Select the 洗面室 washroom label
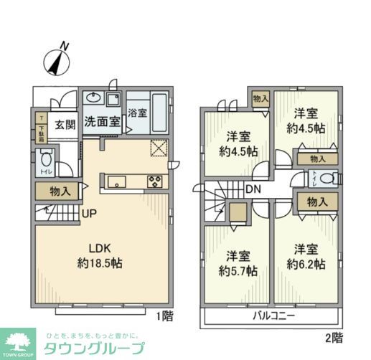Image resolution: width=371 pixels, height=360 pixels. click(x=101, y=121)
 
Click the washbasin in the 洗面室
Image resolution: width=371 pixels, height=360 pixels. click(x=93, y=99)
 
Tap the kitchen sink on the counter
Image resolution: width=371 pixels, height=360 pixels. click(x=118, y=181)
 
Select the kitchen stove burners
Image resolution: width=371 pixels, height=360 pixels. click(x=155, y=181)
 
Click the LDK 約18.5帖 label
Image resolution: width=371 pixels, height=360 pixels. click(x=101, y=256)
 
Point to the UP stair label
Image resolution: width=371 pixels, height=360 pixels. click(x=90, y=213)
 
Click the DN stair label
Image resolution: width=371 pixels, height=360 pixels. click(x=252, y=190)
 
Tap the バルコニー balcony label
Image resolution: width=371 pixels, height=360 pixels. click(x=273, y=316)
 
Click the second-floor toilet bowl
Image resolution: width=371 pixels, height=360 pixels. click(x=325, y=179)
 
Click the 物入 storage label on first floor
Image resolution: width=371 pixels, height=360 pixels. click(x=60, y=191)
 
